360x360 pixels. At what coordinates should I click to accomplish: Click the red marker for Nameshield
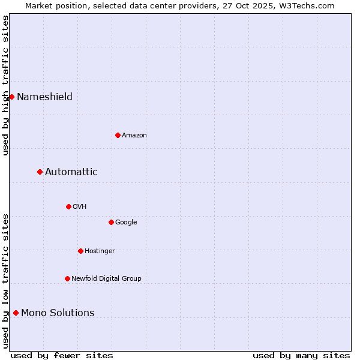[x=11, y=97]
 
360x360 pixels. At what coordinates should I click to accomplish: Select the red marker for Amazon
[x=118, y=135]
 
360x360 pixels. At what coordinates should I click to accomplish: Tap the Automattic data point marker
[x=40, y=172]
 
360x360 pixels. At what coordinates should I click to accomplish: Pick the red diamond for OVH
[x=68, y=206]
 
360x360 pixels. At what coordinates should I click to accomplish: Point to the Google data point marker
[x=111, y=222]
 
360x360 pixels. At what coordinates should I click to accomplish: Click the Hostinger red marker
[x=80, y=251]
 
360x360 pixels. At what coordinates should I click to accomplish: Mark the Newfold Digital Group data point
[x=67, y=278]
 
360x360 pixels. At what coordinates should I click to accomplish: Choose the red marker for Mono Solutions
[x=16, y=313]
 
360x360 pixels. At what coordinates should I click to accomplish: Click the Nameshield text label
[x=44, y=97]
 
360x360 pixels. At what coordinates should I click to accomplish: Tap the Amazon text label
[x=134, y=136]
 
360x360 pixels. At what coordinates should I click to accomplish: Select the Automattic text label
[x=71, y=172]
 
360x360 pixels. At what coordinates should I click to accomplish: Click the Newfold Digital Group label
[x=106, y=278]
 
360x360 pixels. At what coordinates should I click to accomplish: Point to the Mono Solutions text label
[x=58, y=313]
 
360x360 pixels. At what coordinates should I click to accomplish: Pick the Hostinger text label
[x=100, y=251]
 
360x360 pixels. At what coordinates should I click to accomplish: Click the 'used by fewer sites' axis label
[x=62, y=355]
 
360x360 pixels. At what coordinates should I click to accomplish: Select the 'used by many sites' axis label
[x=301, y=355]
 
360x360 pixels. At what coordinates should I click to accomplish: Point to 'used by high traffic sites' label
[x=5, y=85]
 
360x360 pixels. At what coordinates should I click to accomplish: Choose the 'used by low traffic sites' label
[x=5, y=281]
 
